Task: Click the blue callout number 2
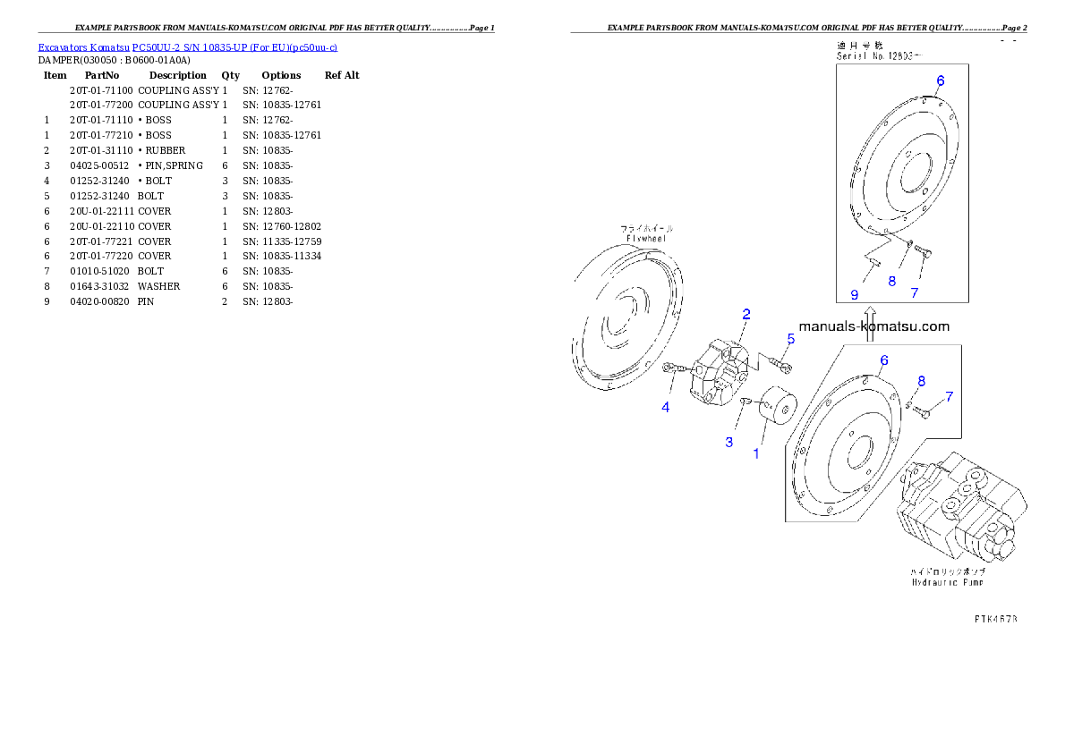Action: pos(745,314)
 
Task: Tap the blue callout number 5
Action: pos(791,339)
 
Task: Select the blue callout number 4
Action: pos(666,408)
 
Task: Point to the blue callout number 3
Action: pos(728,443)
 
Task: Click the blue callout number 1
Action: pos(755,453)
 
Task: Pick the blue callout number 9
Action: pos(855,294)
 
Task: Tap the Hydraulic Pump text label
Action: pos(947,577)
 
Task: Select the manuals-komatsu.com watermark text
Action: pos(873,327)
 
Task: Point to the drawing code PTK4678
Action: pos(995,618)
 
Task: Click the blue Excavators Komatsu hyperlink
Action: pos(187,47)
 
